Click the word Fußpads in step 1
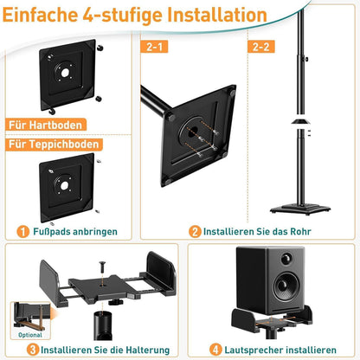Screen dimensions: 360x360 [55, 232]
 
